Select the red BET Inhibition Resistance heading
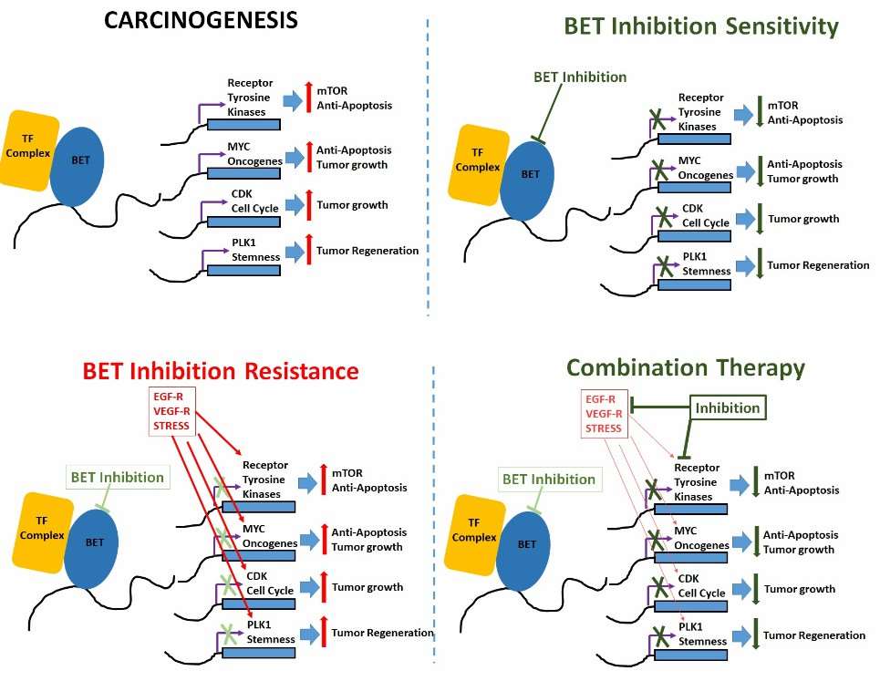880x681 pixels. tap(221, 371)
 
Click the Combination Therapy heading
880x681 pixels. tap(685, 367)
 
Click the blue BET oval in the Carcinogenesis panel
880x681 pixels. tap(79, 160)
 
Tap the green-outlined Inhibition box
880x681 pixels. tap(728, 408)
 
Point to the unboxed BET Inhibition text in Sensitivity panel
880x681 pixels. tap(580, 77)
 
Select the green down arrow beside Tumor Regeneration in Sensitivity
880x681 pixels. tap(757, 265)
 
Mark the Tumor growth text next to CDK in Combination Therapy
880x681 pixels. tap(799, 589)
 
